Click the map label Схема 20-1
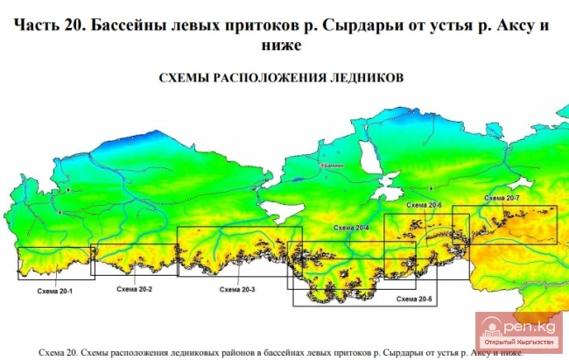click(x=54, y=290)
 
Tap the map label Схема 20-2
click(x=134, y=289)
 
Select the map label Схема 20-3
click(x=236, y=289)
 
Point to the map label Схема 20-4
click(x=350, y=228)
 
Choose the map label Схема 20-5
click(x=414, y=299)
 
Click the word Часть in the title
click(x=40, y=25)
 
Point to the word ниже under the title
click(x=281, y=44)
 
